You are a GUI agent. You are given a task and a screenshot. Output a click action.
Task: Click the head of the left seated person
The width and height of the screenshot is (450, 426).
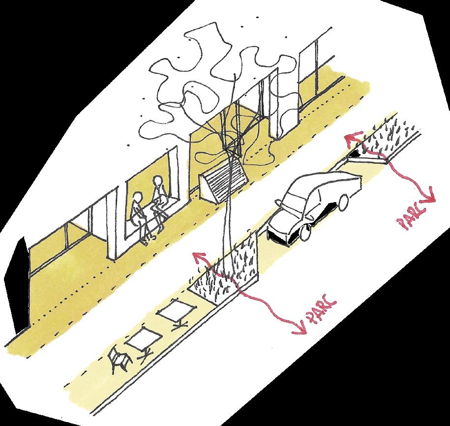coord(138,199)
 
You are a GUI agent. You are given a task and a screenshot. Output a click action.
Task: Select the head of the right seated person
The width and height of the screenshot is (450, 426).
coord(157,184)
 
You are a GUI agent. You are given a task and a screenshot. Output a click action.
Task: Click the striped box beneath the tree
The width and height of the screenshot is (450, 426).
coord(225,182)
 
